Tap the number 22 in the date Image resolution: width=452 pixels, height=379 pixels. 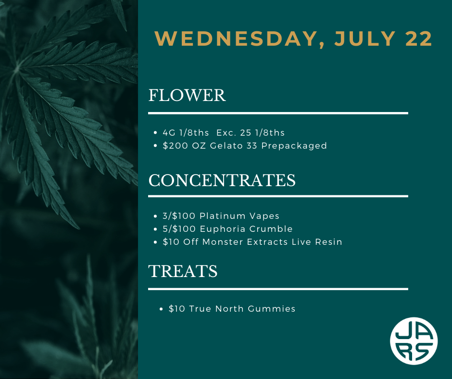[x=418, y=39]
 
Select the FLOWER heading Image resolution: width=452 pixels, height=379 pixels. [x=187, y=95]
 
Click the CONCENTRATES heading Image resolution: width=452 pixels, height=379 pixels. [x=222, y=180]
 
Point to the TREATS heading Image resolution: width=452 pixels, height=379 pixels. [x=183, y=271]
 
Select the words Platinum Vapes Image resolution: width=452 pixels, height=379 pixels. [x=239, y=216]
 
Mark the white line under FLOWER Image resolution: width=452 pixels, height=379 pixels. [x=278, y=113]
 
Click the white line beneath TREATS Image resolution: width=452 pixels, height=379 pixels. [x=278, y=289]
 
